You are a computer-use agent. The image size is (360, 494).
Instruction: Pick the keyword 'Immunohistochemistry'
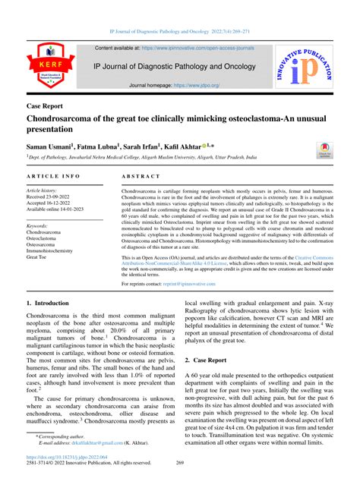pyautogui.click(x=61, y=250)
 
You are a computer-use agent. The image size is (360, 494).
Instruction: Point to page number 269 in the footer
pyautogui.click(x=180, y=483)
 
